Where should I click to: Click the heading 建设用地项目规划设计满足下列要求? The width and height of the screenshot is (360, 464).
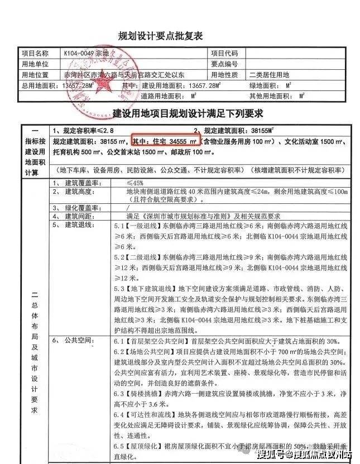(x=180, y=114)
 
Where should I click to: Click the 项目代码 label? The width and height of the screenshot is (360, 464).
(x=225, y=54)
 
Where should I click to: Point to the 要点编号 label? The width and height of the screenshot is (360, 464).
(x=225, y=64)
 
